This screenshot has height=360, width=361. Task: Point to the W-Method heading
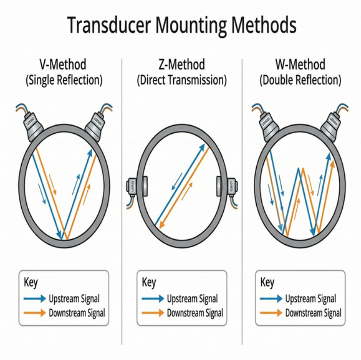pyautogui.click(x=300, y=64)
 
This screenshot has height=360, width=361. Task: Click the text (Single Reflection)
pyautogui.click(x=63, y=80)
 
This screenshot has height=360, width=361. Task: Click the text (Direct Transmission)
pyautogui.click(x=182, y=80)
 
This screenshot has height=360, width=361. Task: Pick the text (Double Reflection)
pyautogui.click(x=300, y=80)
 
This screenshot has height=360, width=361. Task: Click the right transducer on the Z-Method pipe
pyautogui.click(x=228, y=186)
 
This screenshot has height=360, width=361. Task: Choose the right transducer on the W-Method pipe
pyautogui.click(x=332, y=125)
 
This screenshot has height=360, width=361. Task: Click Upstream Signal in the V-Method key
pyautogui.click(x=74, y=299)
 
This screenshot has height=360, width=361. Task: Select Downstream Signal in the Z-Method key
pyautogui.click(x=195, y=313)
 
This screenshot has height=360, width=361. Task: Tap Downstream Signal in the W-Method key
pyautogui.click(x=313, y=313)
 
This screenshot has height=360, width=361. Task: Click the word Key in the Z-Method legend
pyautogui.click(x=149, y=283)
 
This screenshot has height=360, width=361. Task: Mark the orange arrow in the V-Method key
pyautogui.click(x=34, y=313)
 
